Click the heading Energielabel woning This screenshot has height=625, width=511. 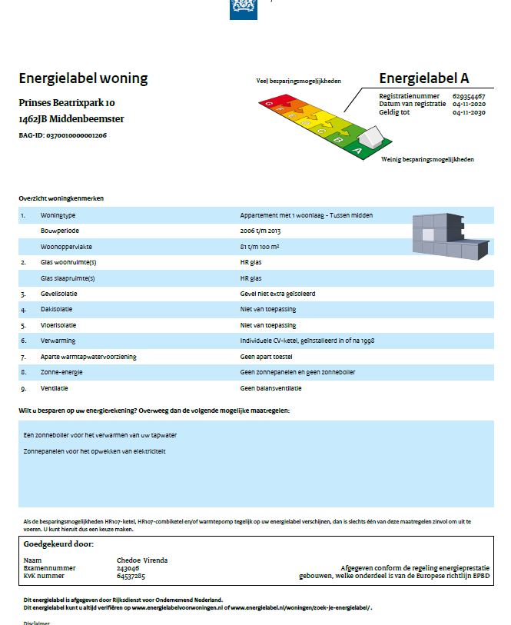83,79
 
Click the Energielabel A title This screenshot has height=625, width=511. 423,78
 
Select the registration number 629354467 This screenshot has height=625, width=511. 468,95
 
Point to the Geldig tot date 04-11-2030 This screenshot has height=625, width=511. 468,112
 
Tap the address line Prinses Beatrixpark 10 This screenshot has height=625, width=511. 67,103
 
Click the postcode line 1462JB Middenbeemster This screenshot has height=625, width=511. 71,119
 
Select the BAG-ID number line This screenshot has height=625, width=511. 62,135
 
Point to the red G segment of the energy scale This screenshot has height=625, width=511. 269,102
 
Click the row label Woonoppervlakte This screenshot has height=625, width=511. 65,246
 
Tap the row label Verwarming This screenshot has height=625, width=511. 58,341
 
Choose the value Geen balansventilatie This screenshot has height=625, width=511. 270,388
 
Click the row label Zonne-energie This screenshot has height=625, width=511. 62,372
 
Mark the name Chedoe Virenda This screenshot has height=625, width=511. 141,560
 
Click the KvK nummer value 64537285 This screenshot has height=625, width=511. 131,576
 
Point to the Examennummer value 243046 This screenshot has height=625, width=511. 128,568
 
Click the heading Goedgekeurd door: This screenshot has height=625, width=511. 58,544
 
